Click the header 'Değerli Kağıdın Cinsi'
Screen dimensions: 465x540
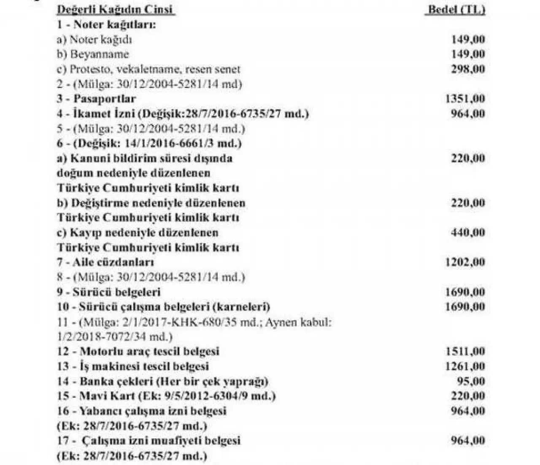[x=115, y=10]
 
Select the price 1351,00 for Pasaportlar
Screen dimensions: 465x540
[x=465, y=99]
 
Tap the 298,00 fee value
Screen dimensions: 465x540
[x=468, y=69]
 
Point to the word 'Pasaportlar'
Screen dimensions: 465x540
[x=105, y=99]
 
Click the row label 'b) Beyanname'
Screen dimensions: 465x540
[x=93, y=54]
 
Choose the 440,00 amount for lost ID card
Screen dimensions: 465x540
[x=468, y=233]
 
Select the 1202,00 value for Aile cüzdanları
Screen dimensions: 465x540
[x=465, y=262]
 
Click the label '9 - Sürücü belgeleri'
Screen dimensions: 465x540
[x=109, y=292]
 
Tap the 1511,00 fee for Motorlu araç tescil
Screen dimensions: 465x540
[x=465, y=352]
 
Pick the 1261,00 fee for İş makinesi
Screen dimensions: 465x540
[x=465, y=366]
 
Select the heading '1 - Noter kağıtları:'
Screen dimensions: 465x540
[x=106, y=24]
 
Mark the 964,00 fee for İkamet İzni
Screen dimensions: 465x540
[x=468, y=114]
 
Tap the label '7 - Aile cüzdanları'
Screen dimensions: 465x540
[x=105, y=262]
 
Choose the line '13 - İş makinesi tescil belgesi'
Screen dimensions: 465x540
[x=133, y=366]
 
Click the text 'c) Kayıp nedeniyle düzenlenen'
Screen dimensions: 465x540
[x=138, y=233]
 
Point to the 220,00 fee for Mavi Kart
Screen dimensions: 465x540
[x=468, y=396]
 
